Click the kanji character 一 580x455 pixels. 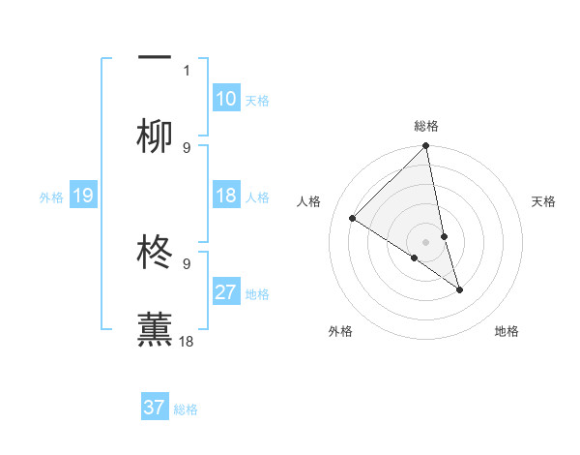pos(155,57)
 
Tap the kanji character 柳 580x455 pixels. pos(155,136)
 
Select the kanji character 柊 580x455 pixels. pos(155,251)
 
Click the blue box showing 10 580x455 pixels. pos(226,98)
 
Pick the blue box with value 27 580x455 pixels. pos(226,291)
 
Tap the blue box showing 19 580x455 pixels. pos(82,196)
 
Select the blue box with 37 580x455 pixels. pos(155,408)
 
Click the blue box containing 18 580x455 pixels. pos(226,196)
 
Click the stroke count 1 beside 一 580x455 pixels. pos(187,70)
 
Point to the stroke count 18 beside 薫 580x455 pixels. pos(187,342)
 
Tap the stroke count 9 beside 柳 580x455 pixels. pos(187,148)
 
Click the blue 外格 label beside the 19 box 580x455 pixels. pos(51,197)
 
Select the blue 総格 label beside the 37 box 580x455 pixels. pos(186,409)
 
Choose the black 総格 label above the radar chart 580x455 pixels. pos(426,126)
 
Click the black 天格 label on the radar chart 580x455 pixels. pos(544,201)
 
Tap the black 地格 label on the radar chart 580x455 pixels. pos(507,331)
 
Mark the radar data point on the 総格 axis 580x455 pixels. pos(426,146)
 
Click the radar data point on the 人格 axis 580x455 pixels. pos(353,219)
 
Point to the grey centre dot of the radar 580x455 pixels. pos(426,242)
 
